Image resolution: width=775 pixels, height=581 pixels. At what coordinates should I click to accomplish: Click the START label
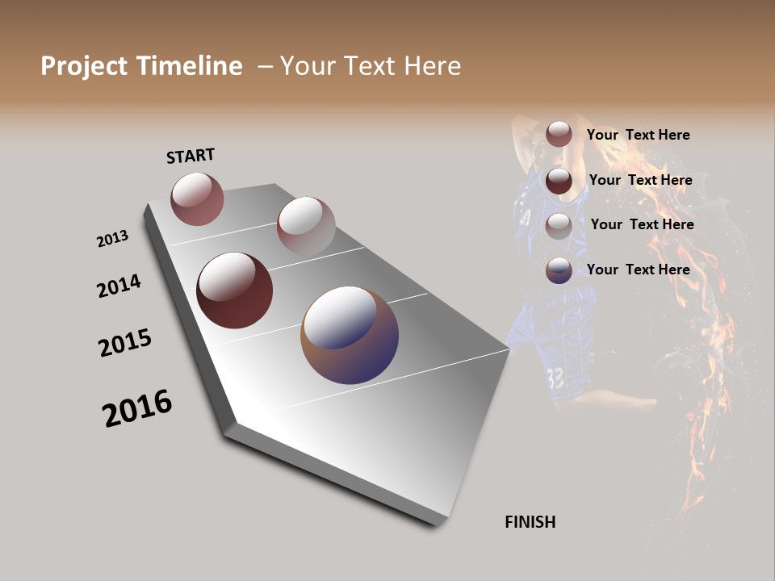click(191, 156)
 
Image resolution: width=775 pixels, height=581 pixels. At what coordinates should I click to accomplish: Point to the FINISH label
click(530, 522)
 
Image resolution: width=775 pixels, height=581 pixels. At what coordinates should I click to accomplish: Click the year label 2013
click(112, 239)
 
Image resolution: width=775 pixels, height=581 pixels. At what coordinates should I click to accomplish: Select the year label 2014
click(119, 286)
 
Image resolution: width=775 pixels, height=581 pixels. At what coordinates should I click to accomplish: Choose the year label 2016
click(137, 408)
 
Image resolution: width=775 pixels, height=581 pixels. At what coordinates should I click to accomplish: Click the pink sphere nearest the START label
click(197, 199)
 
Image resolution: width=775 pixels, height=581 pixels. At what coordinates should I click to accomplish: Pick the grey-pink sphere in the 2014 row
click(306, 226)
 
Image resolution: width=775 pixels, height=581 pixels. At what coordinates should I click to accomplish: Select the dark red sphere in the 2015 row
click(234, 290)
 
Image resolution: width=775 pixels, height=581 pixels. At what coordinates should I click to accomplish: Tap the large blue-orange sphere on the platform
click(350, 335)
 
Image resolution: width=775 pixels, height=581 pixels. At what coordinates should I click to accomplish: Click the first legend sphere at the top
click(559, 135)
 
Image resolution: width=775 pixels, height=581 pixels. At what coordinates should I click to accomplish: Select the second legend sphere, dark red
click(559, 180)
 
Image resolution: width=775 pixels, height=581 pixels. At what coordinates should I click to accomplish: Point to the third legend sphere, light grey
click(559, 225)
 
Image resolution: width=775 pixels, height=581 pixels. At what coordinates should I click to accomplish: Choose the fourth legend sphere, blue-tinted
click(559, 270)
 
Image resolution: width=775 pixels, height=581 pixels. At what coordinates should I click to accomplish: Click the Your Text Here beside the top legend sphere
click(638, 136)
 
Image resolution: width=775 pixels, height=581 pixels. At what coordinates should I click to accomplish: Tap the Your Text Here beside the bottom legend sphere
click(638, 270)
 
